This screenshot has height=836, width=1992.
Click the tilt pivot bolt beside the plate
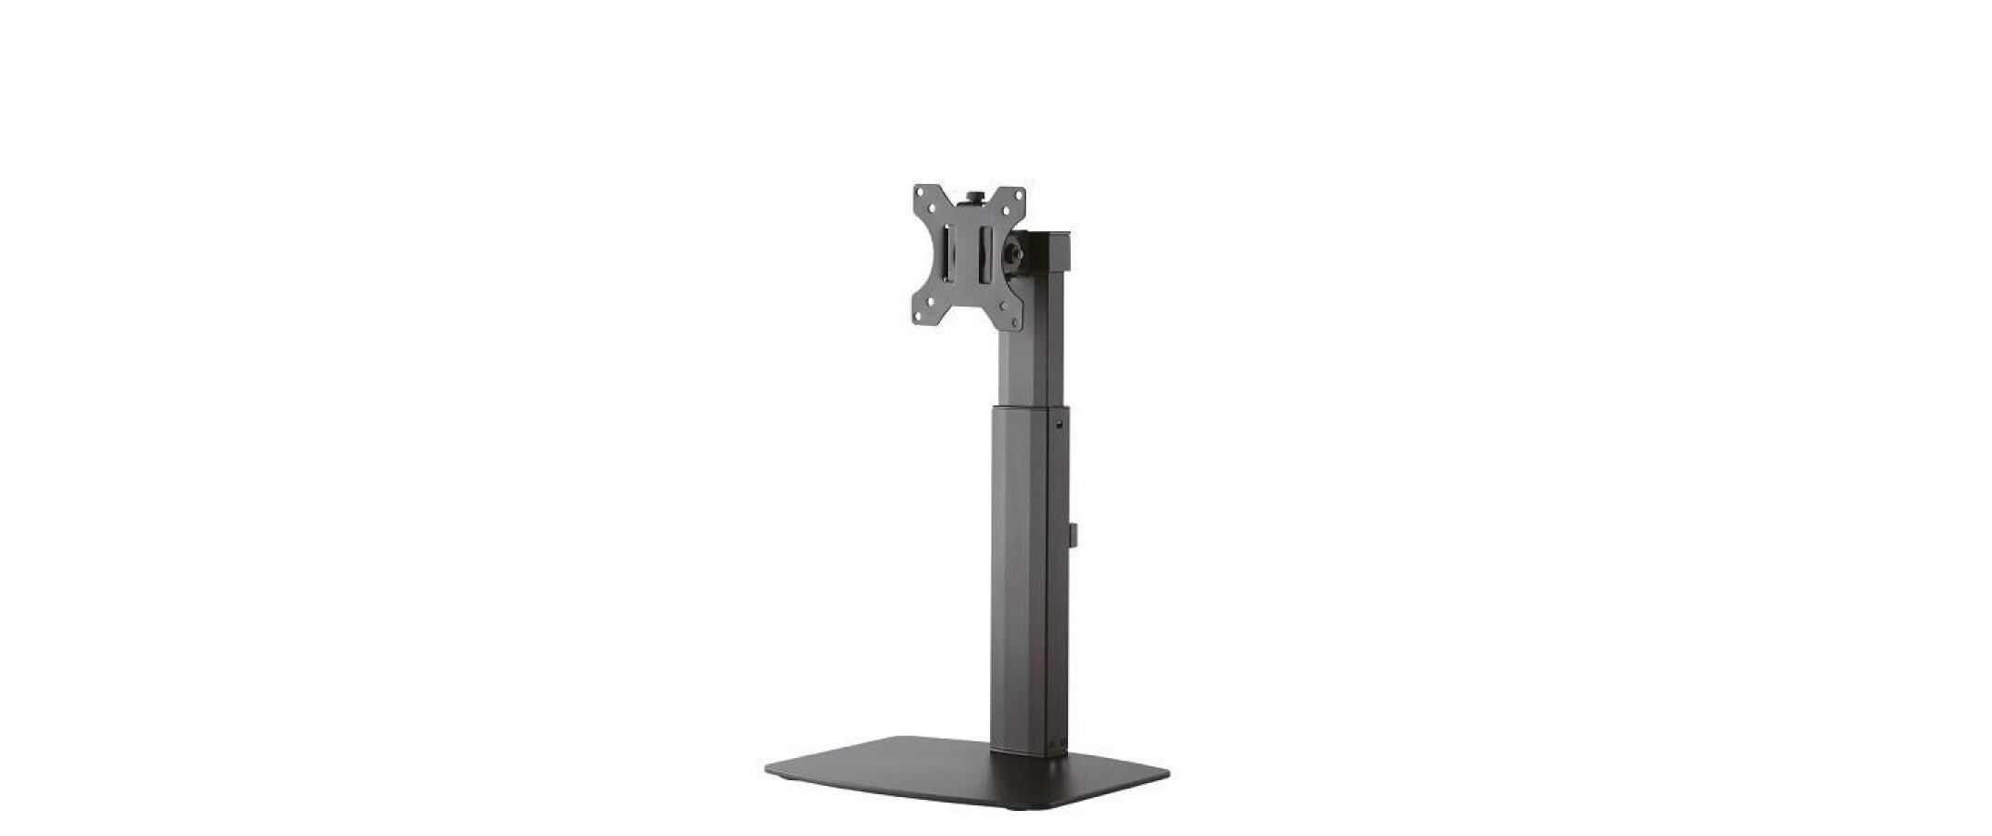tap(1017, 252)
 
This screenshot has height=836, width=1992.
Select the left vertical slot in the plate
tap(945, 252)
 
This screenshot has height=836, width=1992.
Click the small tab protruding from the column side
tap(1072, 533)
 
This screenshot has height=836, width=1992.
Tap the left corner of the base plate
tap(770, 770)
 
